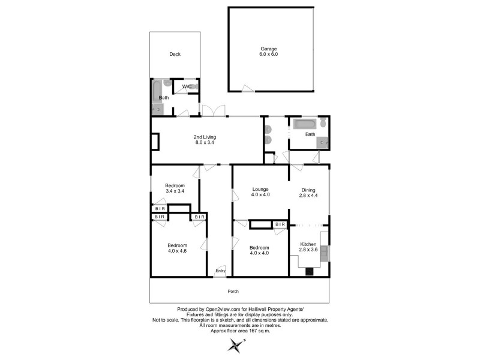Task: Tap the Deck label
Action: pos(175,54)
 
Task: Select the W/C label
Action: pos(187,86)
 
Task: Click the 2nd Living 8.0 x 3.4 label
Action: pos(205,140)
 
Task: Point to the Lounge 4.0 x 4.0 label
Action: pos(260,192)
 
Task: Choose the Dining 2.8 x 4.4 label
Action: pos(308,193)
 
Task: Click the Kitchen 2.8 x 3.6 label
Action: pos(308,247)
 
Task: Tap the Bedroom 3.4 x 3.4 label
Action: pos(175,188)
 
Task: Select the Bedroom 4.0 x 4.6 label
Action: pos(177,248)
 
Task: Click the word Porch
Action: pos(233,292)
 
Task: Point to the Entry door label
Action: pos(220,271)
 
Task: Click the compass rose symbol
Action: pos(237,346)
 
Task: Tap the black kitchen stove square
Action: pos(310,272)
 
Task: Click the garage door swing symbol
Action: pos(248,88)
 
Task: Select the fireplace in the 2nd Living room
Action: pos(155,141)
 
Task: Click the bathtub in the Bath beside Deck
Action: pos(157,91)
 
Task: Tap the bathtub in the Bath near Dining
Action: pos(304,124)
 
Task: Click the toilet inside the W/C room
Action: pos(195,86)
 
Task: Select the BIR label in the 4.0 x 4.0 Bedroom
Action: pos(280,224)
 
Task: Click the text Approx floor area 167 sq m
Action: pos(241,331)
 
